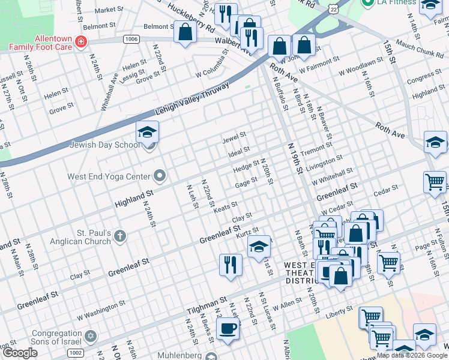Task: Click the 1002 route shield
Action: pos(75,353)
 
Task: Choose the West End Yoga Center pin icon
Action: pos(159,176)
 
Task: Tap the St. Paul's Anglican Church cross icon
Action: pos(120,236)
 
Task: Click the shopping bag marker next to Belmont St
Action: pos(185,31)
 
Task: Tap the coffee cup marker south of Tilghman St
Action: pos(228,329)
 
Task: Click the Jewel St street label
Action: pos(234,137)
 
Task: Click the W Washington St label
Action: pos(101,311)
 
